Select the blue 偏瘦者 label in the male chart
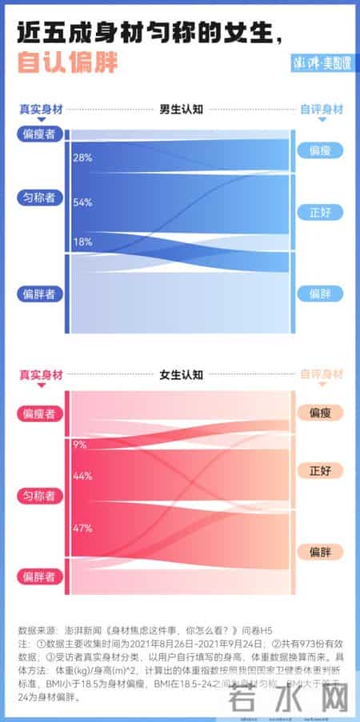39,134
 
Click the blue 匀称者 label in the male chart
39,197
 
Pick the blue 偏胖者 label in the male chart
39,294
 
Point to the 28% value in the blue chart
82,158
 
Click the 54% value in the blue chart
82,202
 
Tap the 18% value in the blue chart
82,242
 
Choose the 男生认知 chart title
181,109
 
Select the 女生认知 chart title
181,373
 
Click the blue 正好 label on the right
320,212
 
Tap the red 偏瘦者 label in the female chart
39,413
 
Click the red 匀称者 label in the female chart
39,497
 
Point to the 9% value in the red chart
79,445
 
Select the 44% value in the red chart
82,477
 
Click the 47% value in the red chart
82,528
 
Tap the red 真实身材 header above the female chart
40,373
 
